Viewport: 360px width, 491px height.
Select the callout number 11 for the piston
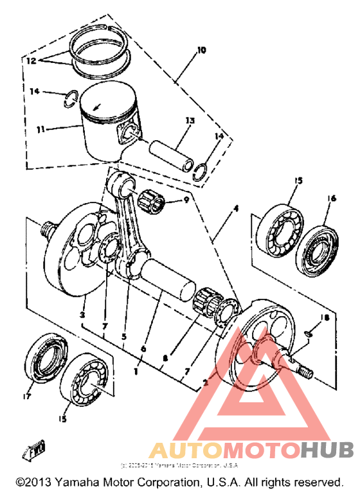click(x=40, y=129)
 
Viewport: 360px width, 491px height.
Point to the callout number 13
click(x=188, y=120)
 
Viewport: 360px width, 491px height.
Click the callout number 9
click(x=187, y=200)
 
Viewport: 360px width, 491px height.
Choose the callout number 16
click(x=332, y=200)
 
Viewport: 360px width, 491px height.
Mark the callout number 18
click(x=325, y=317)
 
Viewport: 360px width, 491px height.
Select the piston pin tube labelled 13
click(x=172, y=154)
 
